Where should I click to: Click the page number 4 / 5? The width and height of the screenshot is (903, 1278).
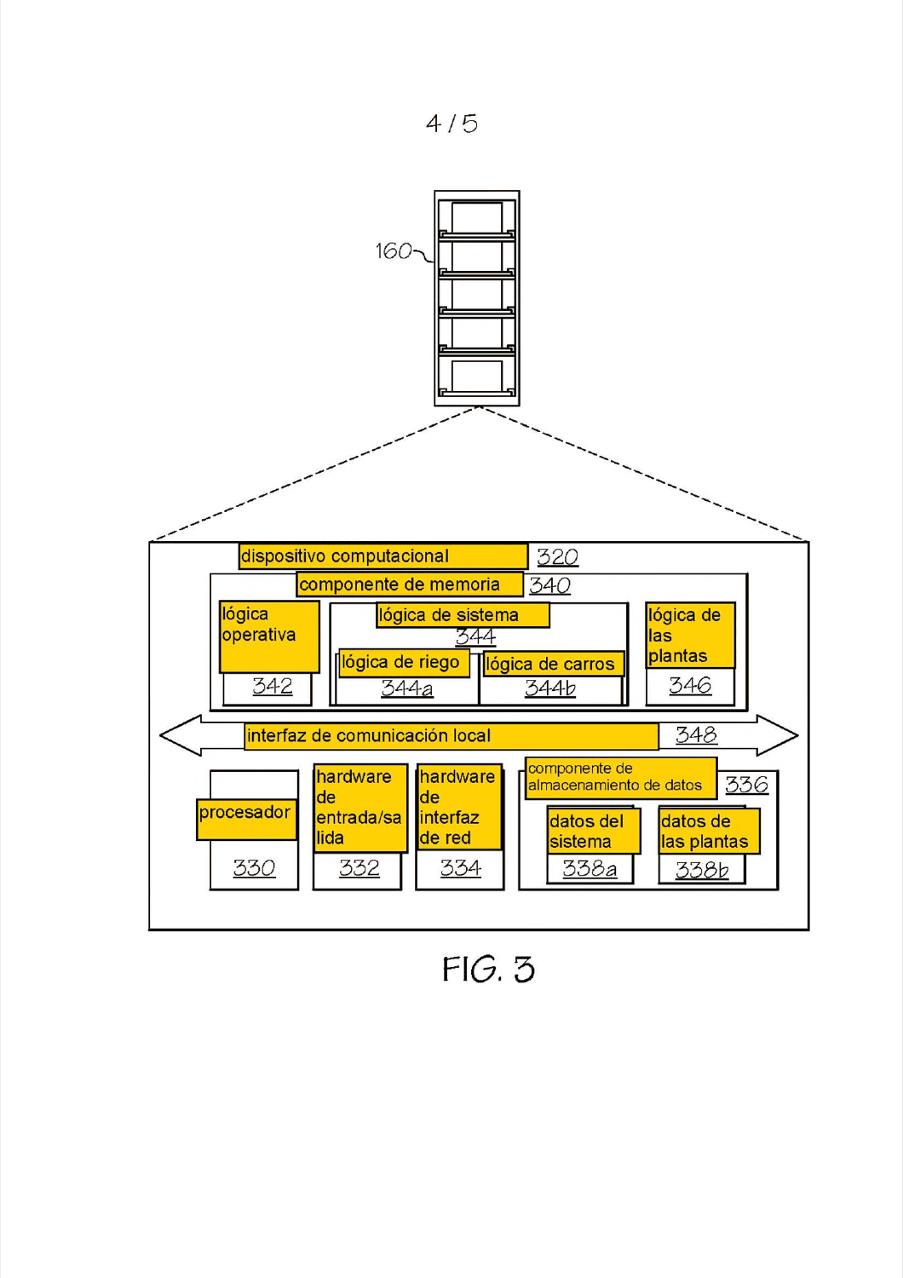[451, 124]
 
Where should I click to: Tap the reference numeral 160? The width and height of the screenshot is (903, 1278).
[394, 251]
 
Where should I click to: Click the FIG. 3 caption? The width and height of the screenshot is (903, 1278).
[488, 969]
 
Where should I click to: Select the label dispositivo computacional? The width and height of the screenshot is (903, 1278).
[345, 556]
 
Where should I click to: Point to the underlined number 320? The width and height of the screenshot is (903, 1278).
[558, 557]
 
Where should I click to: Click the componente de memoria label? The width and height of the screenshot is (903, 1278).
[400, 584]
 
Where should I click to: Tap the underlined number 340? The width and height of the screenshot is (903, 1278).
[550, 585]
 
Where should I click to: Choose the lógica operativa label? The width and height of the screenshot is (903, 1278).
[259, 625]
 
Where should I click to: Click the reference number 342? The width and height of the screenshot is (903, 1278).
[273, 686]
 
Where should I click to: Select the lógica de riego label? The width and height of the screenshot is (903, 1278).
[400, 662]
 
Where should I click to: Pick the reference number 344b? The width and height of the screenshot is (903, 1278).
[550, 688]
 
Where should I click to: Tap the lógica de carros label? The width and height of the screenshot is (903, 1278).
[550, 664]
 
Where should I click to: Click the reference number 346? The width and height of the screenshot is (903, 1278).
[690, 685]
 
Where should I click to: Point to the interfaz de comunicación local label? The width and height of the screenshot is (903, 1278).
[369, 735]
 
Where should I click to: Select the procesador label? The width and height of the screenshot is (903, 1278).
[244, 813]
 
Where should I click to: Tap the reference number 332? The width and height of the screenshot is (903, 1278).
[359, 868]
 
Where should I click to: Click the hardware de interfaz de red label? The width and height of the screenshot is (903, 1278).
[457, 808]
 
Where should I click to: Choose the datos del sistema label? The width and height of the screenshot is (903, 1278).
[586, 832]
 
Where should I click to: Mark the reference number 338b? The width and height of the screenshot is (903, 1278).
[702, 870]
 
